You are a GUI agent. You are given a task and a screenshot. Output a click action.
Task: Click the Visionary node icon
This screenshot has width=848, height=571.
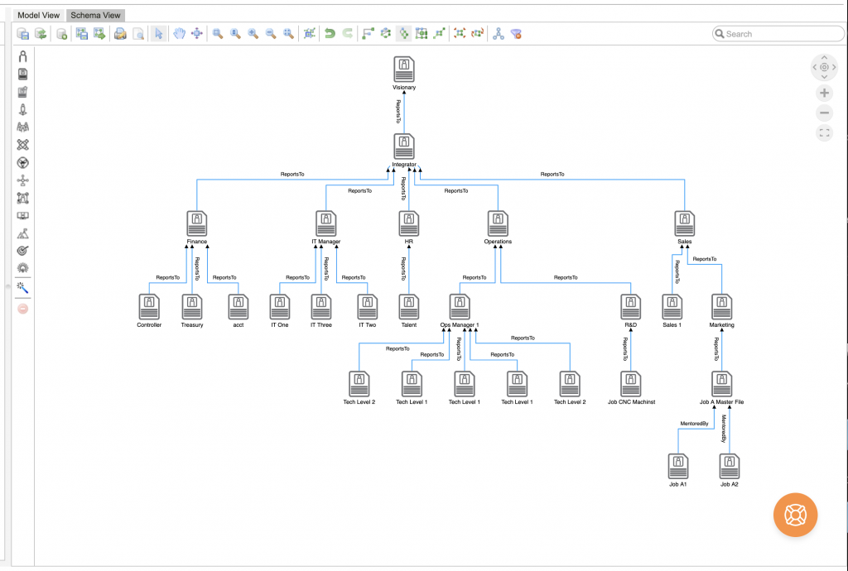tap(404, 70)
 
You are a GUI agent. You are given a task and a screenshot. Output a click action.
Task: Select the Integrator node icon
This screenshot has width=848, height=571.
tap(404, 146)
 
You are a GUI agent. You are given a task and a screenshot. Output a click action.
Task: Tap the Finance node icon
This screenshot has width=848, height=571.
tap(197, 223)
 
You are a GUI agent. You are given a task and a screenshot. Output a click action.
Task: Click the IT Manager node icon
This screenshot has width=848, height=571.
tap(326, 223)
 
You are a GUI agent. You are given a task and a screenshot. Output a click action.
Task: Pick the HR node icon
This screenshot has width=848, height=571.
tap(408, 223)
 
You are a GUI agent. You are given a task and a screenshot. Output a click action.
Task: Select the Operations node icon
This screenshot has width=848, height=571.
tap(498, 223)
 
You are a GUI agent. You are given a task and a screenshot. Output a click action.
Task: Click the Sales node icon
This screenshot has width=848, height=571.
tap(684, 223)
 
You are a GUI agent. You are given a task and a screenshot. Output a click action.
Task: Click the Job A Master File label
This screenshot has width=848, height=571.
tap(721, 402)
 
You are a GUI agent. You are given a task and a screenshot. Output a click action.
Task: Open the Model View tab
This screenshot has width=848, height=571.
tap(39, 15)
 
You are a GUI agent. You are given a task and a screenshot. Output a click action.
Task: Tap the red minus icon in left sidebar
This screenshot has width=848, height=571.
tap(23, 308)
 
